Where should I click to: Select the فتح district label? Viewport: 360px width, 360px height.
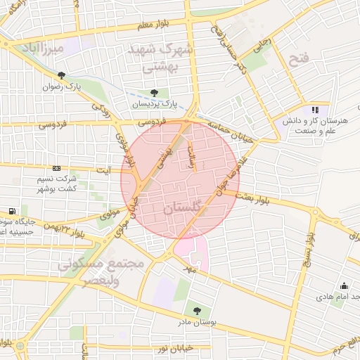(299, 60)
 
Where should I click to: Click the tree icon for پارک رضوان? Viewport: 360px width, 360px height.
(62, 76)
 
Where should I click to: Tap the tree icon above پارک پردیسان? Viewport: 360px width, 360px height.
(154, 92)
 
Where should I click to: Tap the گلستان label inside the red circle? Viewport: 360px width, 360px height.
(180, 210)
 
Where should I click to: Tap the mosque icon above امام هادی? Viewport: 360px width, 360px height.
(344, 285)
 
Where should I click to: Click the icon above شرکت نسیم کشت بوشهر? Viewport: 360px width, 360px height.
(56, 169)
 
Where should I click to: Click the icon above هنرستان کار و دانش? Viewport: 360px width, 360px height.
(315, 110)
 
